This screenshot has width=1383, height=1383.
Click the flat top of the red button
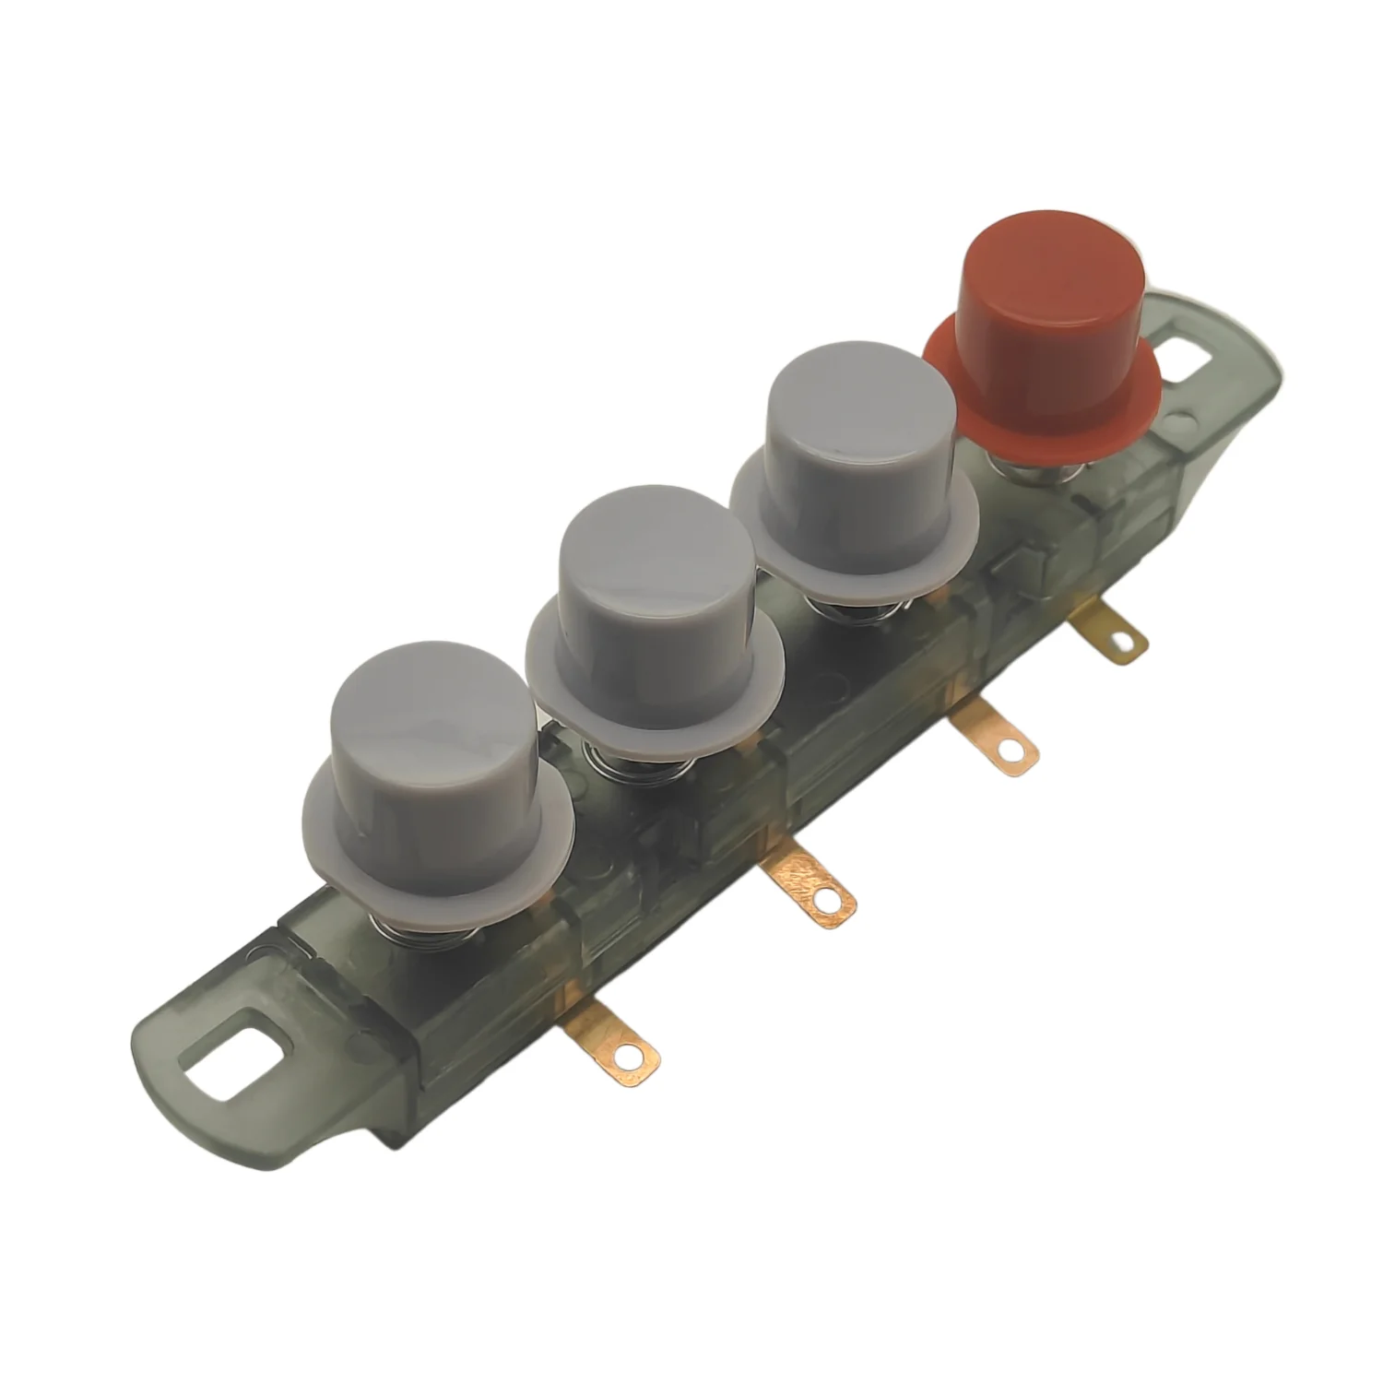[1051, 258]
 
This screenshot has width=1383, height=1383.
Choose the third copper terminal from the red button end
[811, 885]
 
